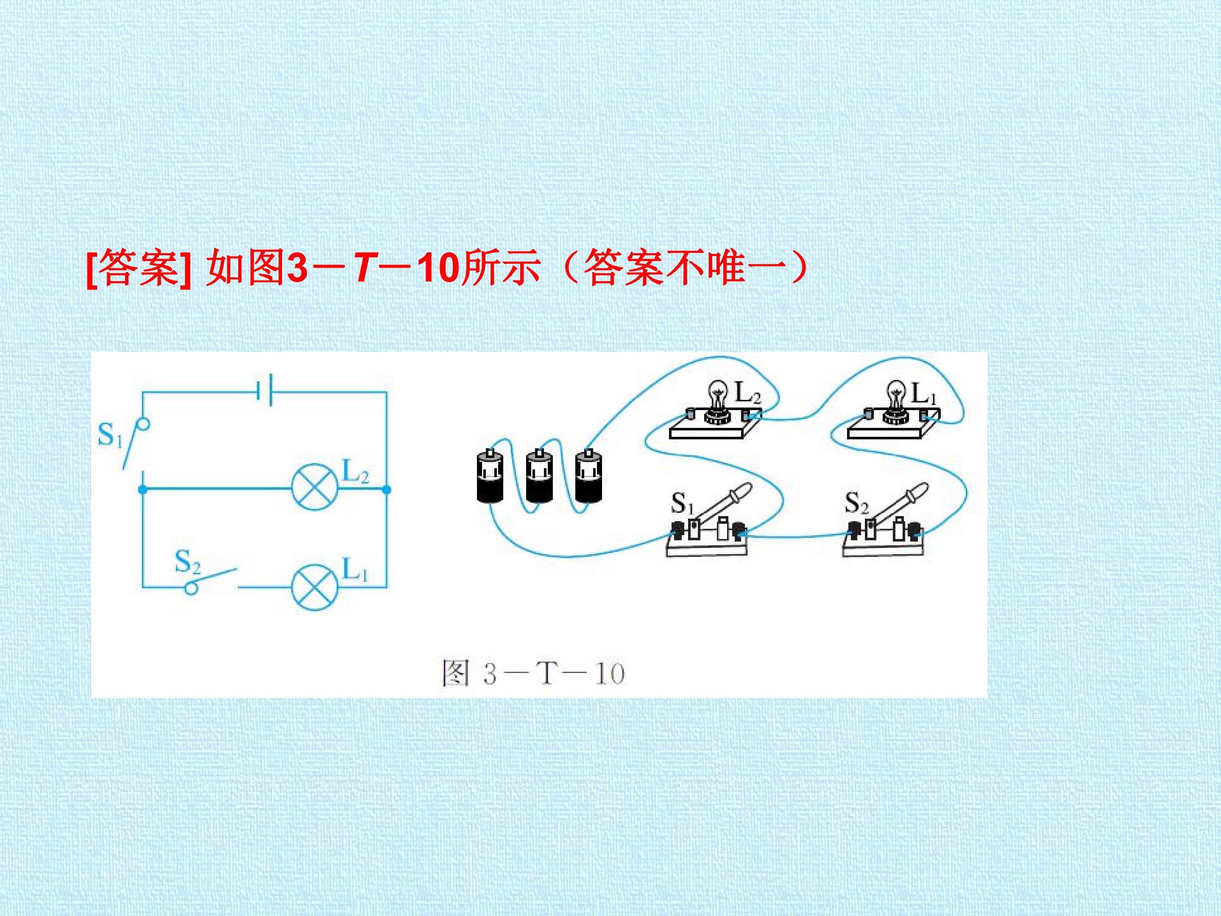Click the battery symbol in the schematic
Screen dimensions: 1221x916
[264, 391]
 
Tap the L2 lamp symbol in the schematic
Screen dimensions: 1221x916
[314, 489]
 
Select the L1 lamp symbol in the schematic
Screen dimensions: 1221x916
[314, 586]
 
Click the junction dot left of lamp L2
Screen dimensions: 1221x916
[143, 489]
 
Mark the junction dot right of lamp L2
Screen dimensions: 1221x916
[386, 489]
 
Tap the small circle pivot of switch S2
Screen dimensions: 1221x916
[191, 588]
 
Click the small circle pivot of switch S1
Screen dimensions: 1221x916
[143, 424]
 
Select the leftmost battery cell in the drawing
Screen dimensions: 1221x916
[490, 475]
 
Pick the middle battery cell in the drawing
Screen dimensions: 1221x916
[539, 475]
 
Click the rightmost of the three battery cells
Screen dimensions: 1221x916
[588, 475]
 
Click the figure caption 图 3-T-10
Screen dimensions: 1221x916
[533, 673]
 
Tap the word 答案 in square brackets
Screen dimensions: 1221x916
[139, 268]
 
